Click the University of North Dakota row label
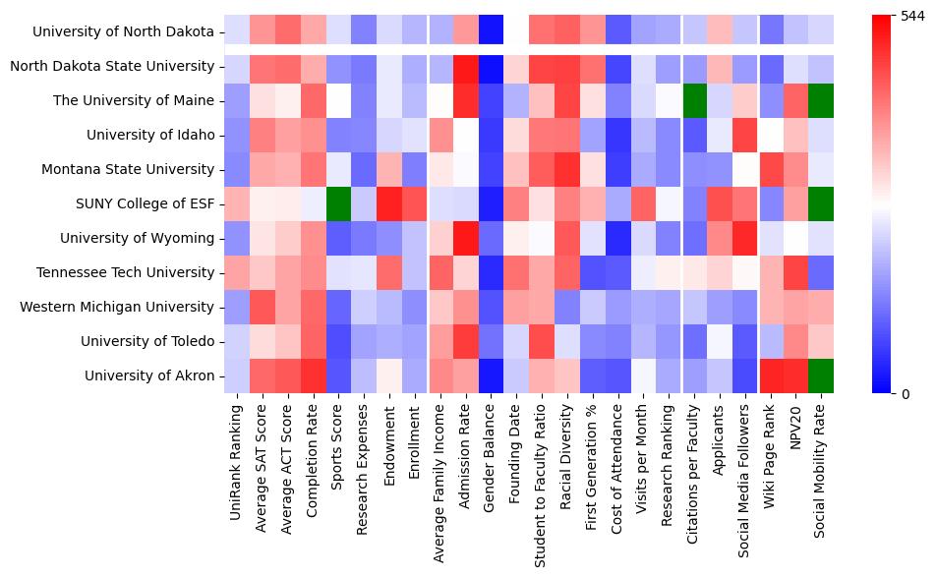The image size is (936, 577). coord(123,31)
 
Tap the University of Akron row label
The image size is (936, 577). coord(148,375)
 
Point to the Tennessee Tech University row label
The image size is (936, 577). coord(139,272)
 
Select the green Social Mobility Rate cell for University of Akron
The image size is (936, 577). coord(821,375)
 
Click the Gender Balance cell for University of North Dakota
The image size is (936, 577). coord(493,31)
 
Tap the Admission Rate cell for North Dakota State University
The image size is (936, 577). coord(467,66)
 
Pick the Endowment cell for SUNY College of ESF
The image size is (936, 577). coord(390,203)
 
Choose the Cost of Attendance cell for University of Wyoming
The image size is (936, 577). coord(620,238)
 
